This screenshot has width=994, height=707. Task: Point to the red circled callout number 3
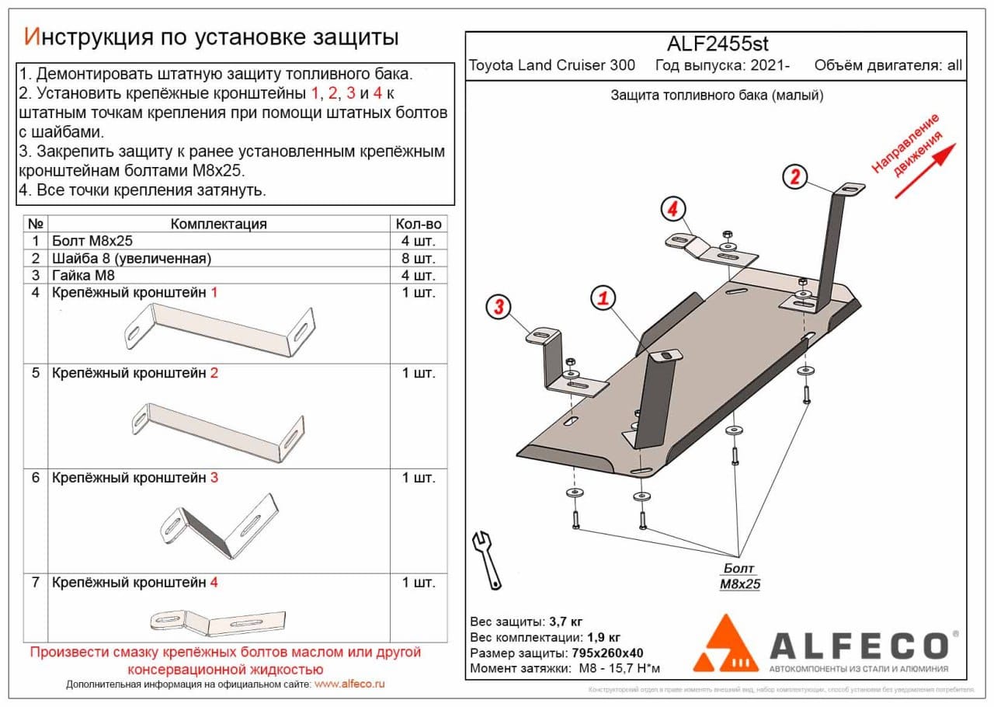(x=498, y=308)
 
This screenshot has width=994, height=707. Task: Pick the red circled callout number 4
(x=673, y=210)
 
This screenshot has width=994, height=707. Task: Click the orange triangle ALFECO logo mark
(x=725, y=644)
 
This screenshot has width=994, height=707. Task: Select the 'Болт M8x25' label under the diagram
(x=739, y=576)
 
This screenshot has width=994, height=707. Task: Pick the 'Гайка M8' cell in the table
(x=78, y=275)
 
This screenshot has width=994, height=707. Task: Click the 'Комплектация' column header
(x=218, y=224)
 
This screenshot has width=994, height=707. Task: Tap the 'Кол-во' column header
(x=419, y=224)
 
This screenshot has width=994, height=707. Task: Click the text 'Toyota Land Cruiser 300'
(x=551, y=65)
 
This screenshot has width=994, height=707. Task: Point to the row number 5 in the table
(x=35, y=373)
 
